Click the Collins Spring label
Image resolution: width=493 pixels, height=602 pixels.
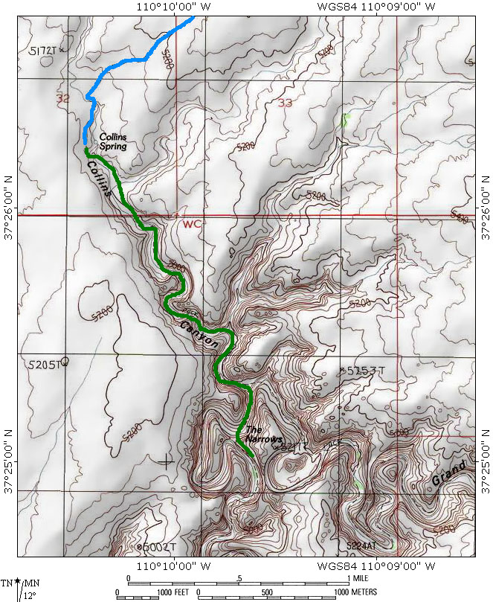coord(114,141)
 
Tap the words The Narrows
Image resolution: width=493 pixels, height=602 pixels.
coord(263,435)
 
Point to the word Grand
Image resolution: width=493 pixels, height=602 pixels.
coord(448,475)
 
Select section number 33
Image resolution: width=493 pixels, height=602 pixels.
coord(285,103)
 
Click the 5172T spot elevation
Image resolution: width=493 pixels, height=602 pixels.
coord(43,51)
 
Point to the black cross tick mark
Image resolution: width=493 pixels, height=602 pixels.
coord(165,461)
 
